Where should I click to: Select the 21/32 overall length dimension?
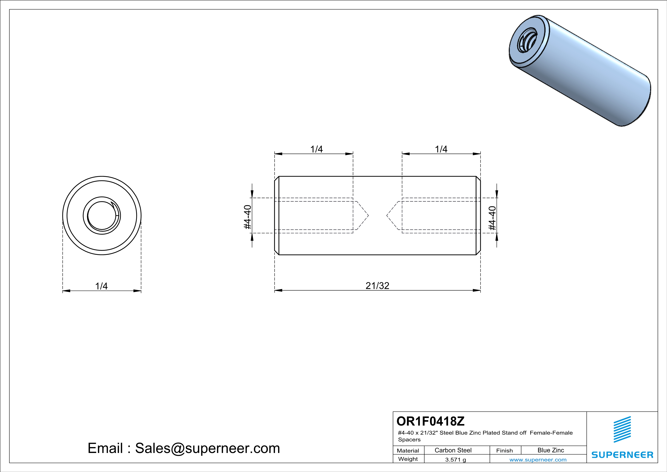(377, 286)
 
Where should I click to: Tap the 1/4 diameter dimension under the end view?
(101, 286)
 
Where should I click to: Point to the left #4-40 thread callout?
(247, 217)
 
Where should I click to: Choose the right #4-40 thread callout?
(492, 218)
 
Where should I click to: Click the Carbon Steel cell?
(453, 450)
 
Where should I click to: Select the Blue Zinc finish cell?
(550, 450)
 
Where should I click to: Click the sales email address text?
(184, 448)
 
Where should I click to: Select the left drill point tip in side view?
(368, 215)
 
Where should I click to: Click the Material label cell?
(408, 450)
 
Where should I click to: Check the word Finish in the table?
(504, 450)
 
